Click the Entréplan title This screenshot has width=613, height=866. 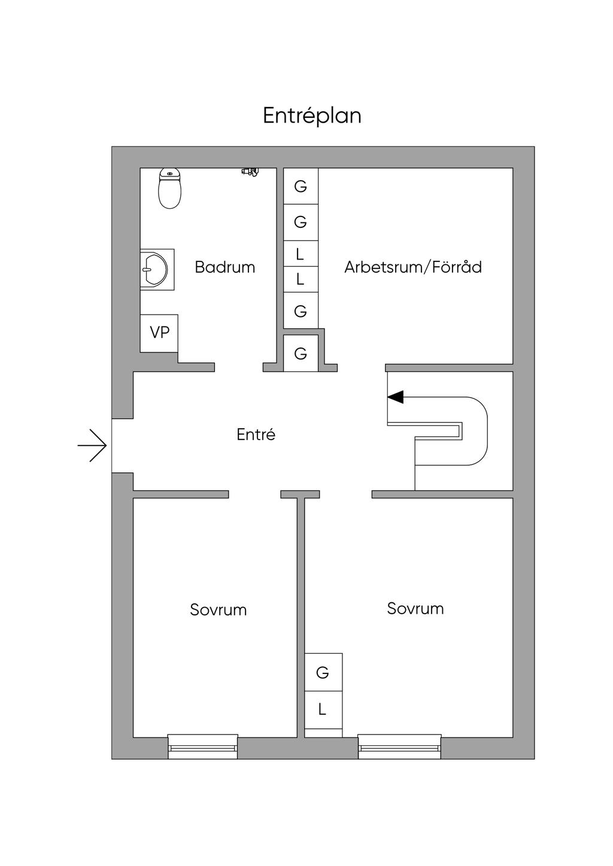click(x=312, y=115)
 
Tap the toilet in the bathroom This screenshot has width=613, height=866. click(x=170, y=188)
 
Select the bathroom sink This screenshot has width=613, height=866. click(x=155, y=270)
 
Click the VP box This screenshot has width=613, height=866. click(x=159, y=333)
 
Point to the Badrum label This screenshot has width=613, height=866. click(x=224, y=267)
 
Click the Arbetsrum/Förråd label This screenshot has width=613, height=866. click(x=412, y=267)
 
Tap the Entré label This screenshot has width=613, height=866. click(x=256, y=434)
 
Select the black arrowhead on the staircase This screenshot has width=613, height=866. click(x=396, y=397)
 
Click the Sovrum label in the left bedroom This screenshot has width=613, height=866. click(x=218, y=609)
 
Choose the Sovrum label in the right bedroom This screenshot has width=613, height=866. click(x=415, y=608)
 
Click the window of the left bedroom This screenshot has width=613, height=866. click(x=202, y=746)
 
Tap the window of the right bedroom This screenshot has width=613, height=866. click(x=399, y=746)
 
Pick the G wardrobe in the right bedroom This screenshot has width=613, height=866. click(x=323, y=672)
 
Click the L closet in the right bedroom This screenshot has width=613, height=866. click(x=323, y=709)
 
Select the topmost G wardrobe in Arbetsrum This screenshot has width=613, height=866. click(x=301, y=186)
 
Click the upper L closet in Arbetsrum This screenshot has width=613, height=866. click(x=301, y=254)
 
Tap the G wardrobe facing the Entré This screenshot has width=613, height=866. click(x=301, y=353)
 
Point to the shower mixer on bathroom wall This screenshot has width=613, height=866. click(x=250, y=172)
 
